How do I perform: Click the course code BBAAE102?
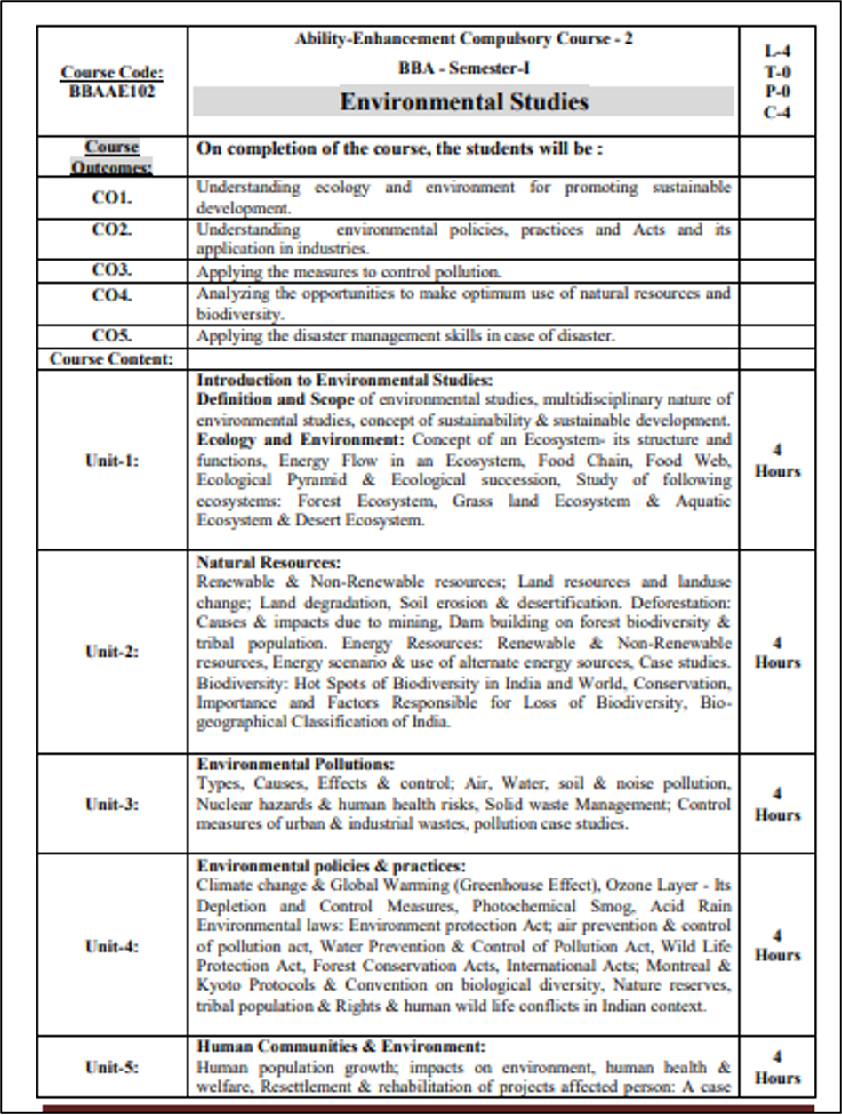click(x=112, y=92)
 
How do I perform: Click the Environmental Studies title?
click(x=463, y=101)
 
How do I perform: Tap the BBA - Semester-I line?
click(x=463, y=68)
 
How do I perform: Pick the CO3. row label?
click(x=112, y=270)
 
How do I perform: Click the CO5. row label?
click(x=112, y=335)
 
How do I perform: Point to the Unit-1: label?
click(x=112, y=461)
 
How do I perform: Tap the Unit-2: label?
click(x=112, y=651)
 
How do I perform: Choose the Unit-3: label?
click(x=112, y=804)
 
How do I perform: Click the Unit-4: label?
click(x=112, y=946)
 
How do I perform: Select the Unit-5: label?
click(x=112, y=1067)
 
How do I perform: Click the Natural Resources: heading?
click(x=269, y=563)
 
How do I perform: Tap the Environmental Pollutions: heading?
click(x=295, y=765)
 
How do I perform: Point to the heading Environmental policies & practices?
click(x=331, y=866)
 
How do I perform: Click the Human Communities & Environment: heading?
click(x=341, y=1047)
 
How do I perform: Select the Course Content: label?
click(x=112, y=359)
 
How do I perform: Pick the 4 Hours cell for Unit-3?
click(x=776, y=804)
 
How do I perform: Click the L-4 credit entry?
click(x=776, y=52)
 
